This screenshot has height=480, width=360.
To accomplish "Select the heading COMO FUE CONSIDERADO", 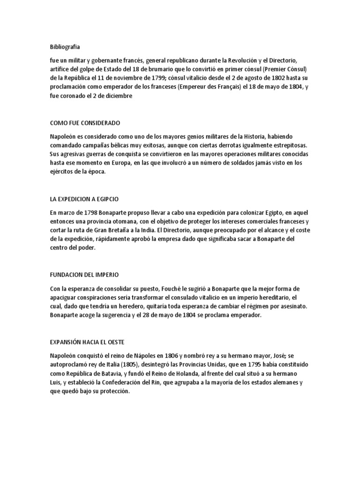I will [x=85, y=123].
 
